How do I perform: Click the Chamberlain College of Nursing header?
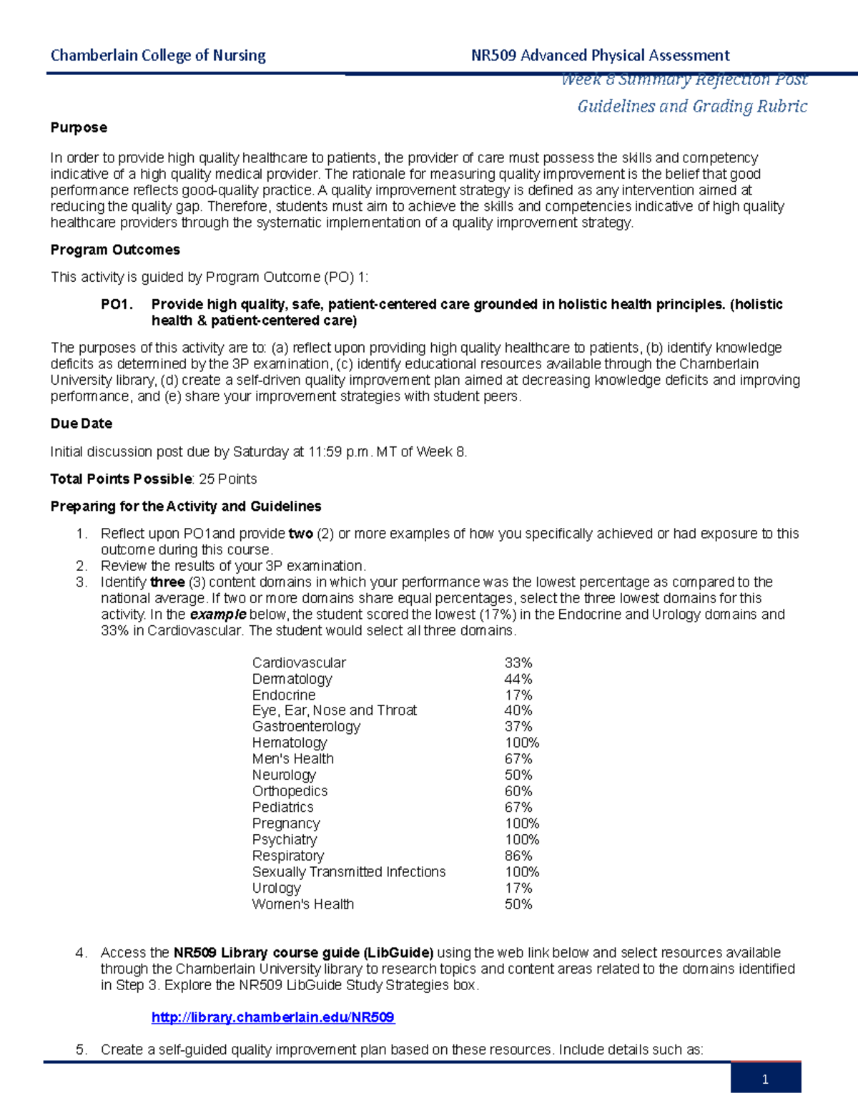(158, 55)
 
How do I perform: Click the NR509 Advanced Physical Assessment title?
(600, 55)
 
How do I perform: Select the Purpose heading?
(79, 127)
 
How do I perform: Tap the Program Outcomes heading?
(115, 250)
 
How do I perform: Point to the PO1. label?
(117, 305)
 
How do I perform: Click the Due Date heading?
(81, 424)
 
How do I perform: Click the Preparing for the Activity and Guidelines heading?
(186, 506)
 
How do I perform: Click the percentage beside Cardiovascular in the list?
(518, 663)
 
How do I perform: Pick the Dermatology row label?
(292, 679)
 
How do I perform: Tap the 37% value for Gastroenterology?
(518, 727)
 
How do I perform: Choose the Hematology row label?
(289, 743)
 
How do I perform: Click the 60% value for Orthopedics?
(518, 791)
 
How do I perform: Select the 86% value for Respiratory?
(518, 856)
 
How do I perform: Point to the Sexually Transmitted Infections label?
(349, 872)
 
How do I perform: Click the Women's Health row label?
(303, 904)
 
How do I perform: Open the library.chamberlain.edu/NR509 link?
(273, 1017)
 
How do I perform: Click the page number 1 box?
(765, 1079)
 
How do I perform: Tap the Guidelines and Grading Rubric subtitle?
(692, 107)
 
